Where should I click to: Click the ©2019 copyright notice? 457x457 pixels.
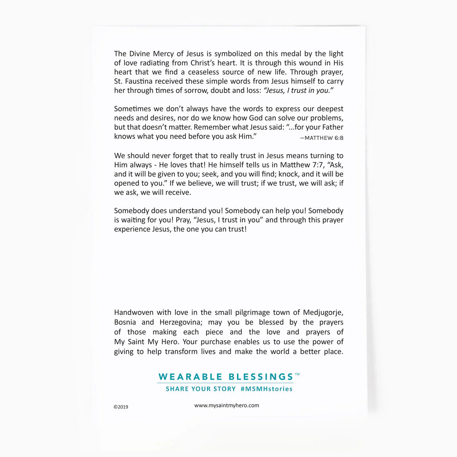point(121,407)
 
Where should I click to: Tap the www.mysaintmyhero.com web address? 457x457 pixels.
point(227,405)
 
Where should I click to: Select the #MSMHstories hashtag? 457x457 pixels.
point(267,389)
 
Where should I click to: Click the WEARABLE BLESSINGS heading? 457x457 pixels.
point(226,377)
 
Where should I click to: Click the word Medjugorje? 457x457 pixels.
point(323,312)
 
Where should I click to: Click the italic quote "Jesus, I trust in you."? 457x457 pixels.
point(299,91)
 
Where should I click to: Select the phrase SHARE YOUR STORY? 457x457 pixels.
point(201,389)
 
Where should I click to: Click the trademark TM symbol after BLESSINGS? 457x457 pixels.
point(297,374)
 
